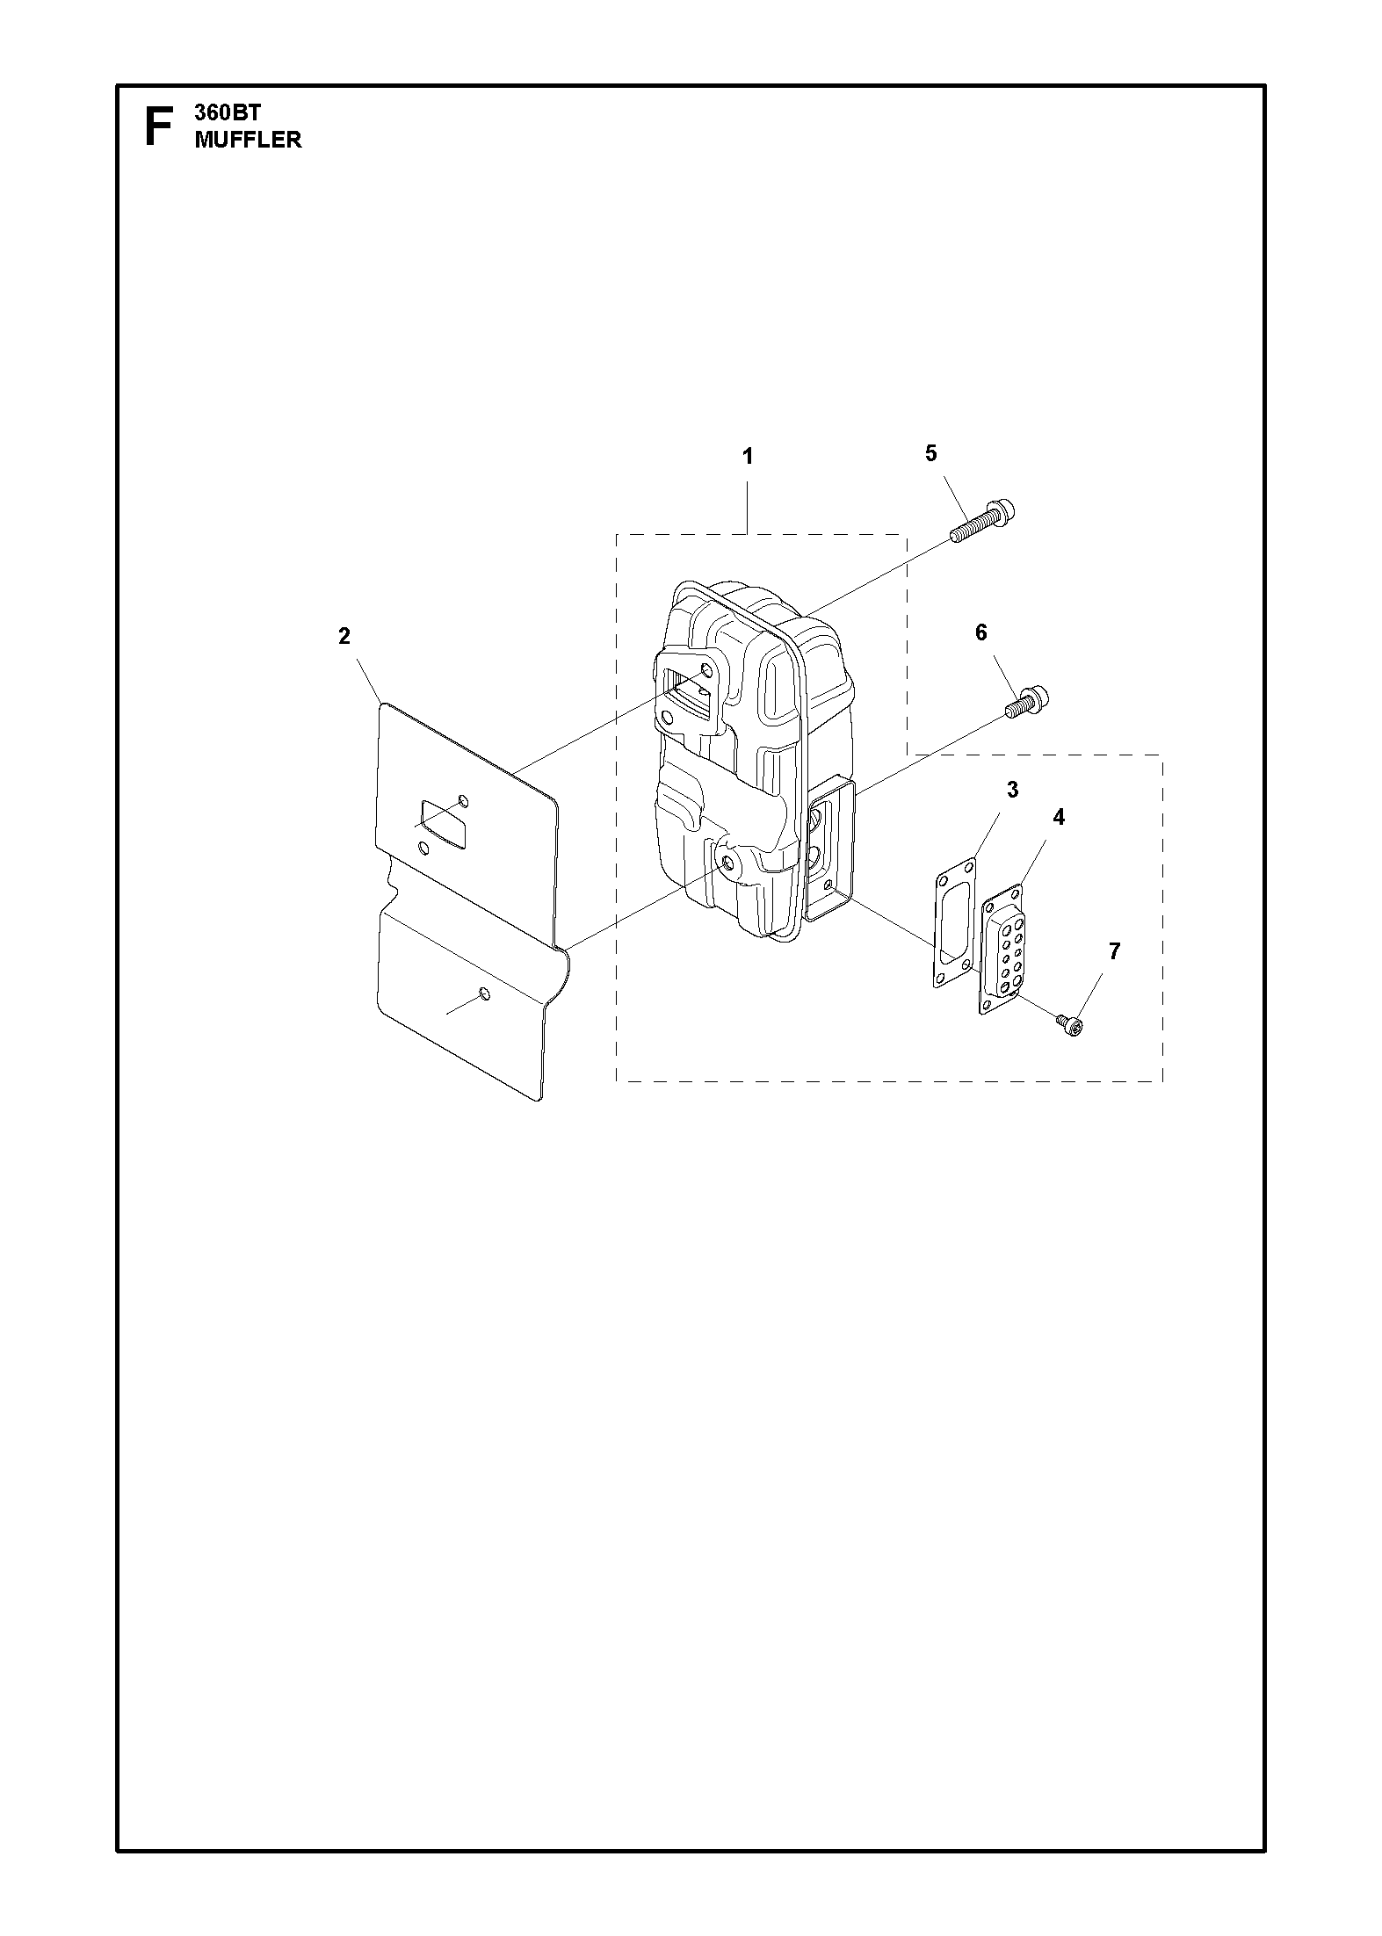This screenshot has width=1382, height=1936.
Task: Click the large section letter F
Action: tap(158, 126)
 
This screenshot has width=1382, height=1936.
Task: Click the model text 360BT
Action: tap(228, 113)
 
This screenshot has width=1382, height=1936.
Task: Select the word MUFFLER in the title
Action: tap(248, 140)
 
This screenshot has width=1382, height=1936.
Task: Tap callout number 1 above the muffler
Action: tap(748, 457)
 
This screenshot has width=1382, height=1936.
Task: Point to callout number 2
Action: tap(344, 636)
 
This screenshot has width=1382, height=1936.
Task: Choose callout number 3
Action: tap(1012, 790)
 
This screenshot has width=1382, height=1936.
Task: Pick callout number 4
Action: tap(1059, 817)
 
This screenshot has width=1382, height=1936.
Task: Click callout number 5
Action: tap(931, 453)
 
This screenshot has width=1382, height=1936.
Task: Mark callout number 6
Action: tap(981, 632)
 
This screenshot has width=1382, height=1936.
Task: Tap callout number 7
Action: tap(1114, 950)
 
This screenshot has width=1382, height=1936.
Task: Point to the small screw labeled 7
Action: tap(1069, 1023)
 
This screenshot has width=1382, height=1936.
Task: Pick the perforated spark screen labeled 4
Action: tap(1002, 950)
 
